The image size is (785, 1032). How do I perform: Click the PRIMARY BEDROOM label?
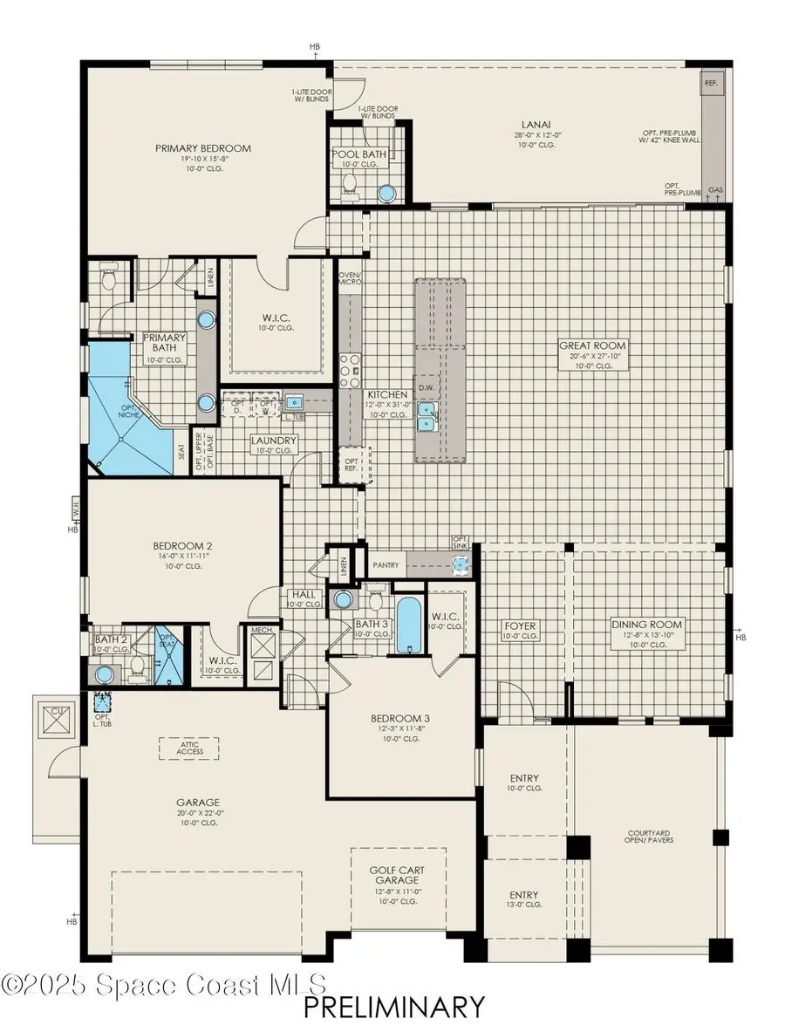click(203, 148)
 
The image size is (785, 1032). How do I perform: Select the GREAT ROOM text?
click(593, 345)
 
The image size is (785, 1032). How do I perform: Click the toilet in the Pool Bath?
click(351, 183)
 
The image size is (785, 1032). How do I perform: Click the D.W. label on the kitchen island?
click(427, 388)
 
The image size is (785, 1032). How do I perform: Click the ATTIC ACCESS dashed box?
click(189, 747)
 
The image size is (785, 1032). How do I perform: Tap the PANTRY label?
click(385, 565)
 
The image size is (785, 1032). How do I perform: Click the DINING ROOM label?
click(646, 625)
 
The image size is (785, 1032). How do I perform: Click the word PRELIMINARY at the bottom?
click(394, 1007)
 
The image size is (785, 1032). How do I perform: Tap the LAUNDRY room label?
click(274, 441)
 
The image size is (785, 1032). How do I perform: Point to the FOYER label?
click(521, 625)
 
